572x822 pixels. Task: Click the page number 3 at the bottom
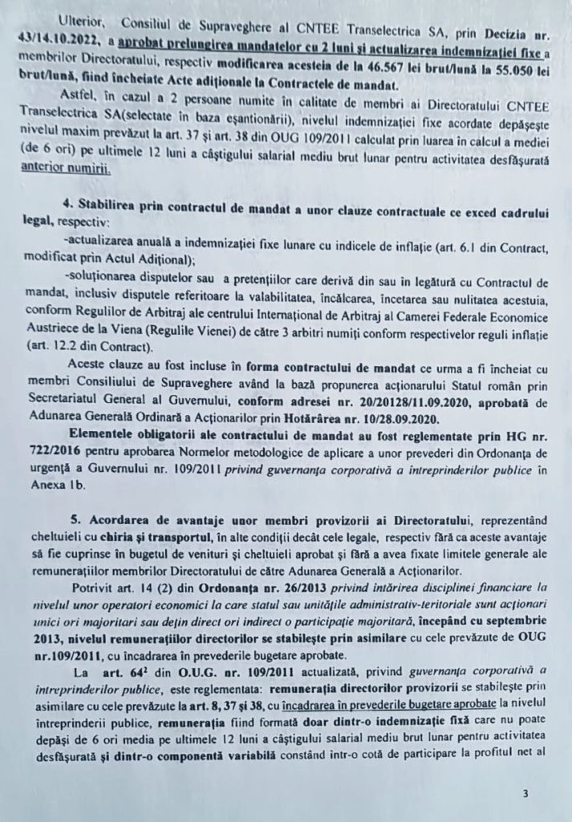pos(525,795)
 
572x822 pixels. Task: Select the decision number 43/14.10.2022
pos(69,39)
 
